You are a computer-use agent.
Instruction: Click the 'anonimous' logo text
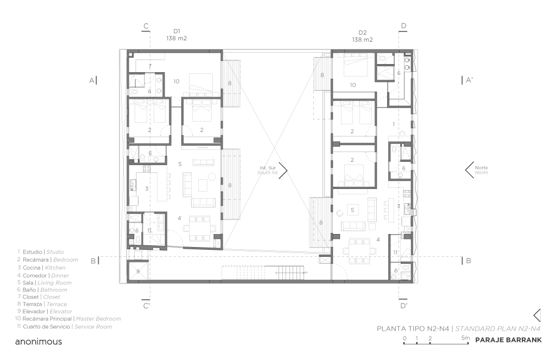(39, 342)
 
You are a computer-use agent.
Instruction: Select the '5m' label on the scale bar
(465, 338)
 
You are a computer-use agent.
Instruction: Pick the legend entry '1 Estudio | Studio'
(41, 252)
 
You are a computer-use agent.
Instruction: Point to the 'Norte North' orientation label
(481, 170)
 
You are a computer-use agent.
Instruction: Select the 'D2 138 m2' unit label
(362, 36)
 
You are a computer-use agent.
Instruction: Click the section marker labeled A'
(469, 80)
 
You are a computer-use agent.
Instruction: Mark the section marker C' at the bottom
(146, 306)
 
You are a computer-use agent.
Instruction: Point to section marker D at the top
(403, 26)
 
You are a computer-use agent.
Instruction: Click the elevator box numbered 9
(137, 270)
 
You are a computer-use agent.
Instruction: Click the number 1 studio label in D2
(394, 124)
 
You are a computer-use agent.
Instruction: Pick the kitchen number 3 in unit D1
(147, 189)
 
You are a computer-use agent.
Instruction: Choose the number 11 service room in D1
(150, 230)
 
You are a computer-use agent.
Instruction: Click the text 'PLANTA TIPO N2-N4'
(414, 329)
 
